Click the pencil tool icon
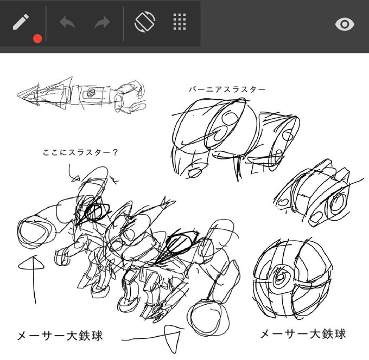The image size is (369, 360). [20, 23]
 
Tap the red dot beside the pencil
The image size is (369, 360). [37, 38]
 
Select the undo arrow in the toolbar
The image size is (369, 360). [67, 24]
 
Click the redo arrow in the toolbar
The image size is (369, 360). [101, 24]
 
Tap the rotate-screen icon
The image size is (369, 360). [145, 23]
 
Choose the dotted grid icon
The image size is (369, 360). [180, 23]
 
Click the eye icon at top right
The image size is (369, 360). [345, 24]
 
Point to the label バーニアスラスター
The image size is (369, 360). [227, 89]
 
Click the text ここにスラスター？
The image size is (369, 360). [80, 153]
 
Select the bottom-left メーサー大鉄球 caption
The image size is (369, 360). [59, 336]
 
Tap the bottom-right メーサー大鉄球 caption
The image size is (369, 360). [303, 333]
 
